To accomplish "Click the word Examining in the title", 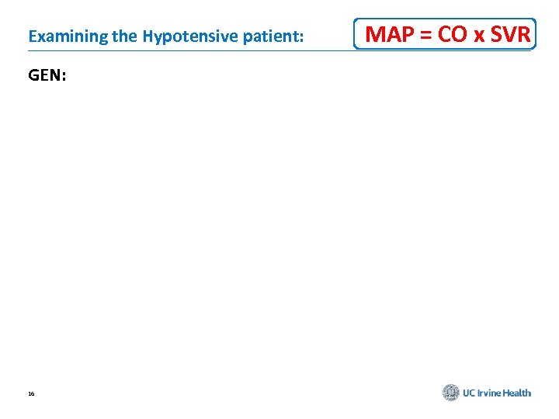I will [x=60, y=36].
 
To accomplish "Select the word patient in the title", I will [x=269, y=36].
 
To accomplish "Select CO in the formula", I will [x=453, y=34].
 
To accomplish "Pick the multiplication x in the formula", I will [x=477, y=36].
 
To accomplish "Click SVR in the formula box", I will [x=510, y=34].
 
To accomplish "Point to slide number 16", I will [x=31, y=394].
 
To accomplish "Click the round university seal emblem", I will [x=451, y=393].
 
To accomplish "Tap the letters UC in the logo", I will [x=470, y=393].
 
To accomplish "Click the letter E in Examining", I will [x=31, y=36].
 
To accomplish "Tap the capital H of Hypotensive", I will [x=147, y=36].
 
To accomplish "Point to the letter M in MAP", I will [x=375, y=34].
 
